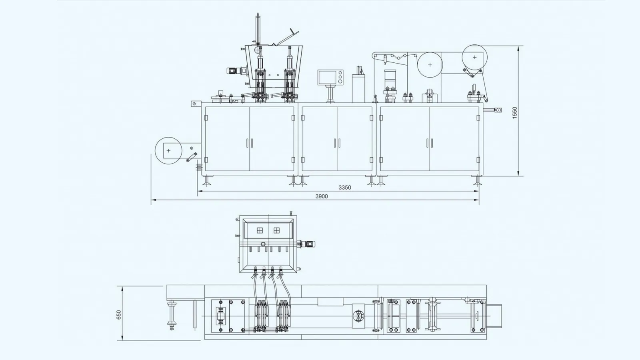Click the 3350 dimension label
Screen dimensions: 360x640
(344, 187)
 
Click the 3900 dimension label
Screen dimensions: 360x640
(322, 196)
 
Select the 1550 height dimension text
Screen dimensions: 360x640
(515, 112)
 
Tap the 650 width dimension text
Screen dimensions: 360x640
(119, 315)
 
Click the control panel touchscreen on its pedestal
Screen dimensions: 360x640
(331, 77)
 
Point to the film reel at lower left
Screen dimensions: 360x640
(168, 151)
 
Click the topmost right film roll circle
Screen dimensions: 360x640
(474, 57)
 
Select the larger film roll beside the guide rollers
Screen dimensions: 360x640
(430, 64)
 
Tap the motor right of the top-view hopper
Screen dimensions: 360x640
(309, 244)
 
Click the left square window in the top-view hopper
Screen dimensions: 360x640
(260, 230)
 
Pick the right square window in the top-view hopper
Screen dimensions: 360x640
(276, 230)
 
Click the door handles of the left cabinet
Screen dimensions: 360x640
(250, 142)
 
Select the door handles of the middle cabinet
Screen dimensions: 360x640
(337, 142)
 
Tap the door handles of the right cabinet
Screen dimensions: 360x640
(430, 142)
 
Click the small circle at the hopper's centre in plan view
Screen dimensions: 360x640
(263, 244)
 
